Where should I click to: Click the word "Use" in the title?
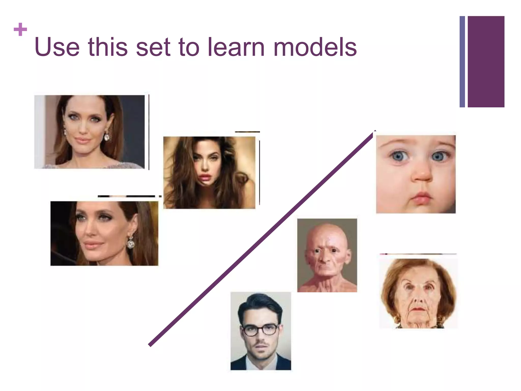57,47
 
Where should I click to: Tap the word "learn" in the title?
236,47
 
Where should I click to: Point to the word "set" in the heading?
153,47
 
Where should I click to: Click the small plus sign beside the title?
20,30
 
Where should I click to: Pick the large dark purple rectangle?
486,62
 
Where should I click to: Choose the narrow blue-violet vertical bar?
462,62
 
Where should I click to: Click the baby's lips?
422,198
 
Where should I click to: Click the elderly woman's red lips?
417,309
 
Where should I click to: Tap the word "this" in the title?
108,47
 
